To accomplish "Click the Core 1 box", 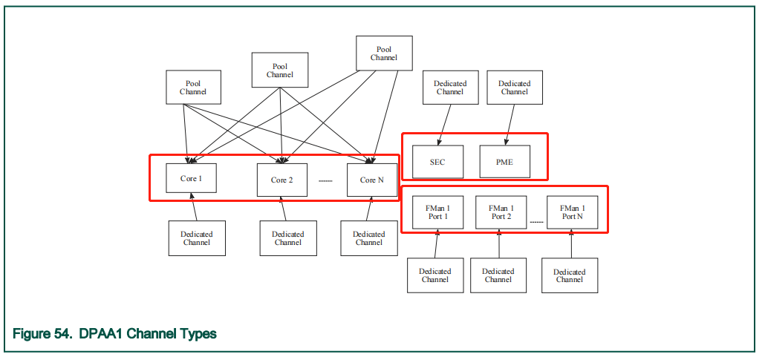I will pyautogui.click(x=191, y=178).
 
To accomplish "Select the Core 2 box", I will pyautogui.click(x=281, y=180).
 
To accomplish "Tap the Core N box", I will pyautogui.click(x=372, y=180).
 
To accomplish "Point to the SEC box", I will pyautogui.click(x=437, y=162).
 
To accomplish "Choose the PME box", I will pyautogui.click(x=505, y=162).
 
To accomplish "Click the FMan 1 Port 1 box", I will pyautogui.click(x=437, y=212).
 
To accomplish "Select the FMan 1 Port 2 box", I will pyautogui.click(x=501, y=212).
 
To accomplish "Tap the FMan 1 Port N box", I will pyautogui.click(x=572, y=212).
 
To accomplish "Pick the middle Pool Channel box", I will pyautogui.click(x=279, y=71).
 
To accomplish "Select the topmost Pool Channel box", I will pyautogui.click(x=383, y=53).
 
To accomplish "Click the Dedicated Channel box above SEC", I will pyautogui.click(x=450, y=88).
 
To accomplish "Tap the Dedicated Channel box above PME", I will pyautogui.click(x=514, y=88).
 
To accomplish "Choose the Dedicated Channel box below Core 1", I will pyautogui.click(x=197, y=238).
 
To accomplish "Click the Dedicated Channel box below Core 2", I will pyautogui.click(x=287, y=238).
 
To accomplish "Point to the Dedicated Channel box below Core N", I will pyautogui.click(x=368, y=238).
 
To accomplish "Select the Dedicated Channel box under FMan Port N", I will pyautogui.click(x=569, y=275).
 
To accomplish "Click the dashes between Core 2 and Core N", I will pyautogui.click(x=325, y=180).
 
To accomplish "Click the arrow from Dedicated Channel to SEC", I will pyautogui.click(x=444, y=122).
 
